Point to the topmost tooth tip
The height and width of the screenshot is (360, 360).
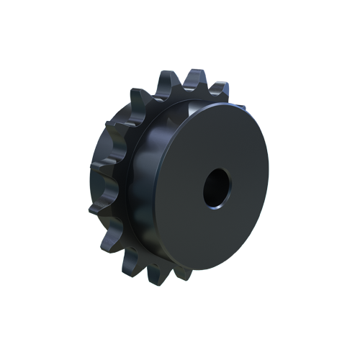point(163,75)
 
